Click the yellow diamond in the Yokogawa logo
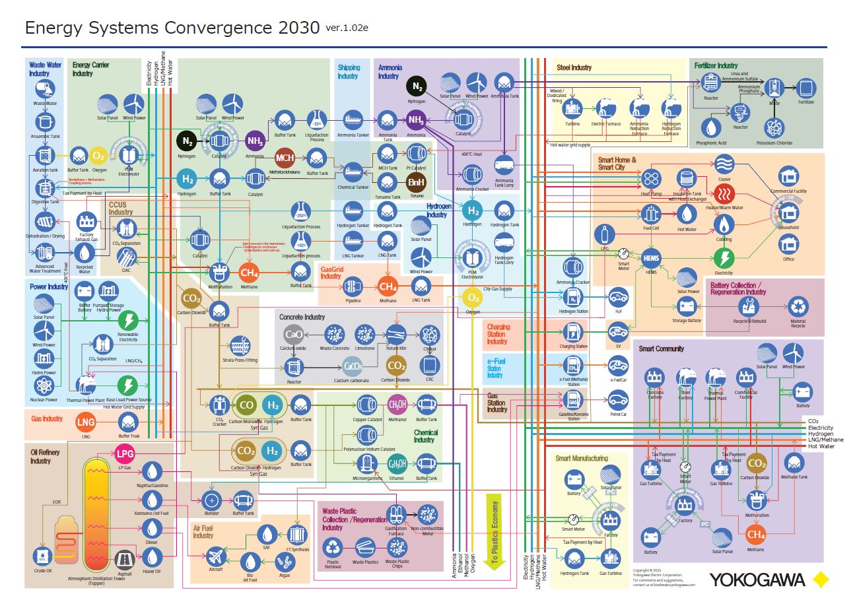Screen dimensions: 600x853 pyautogui.click(x=821, y=580)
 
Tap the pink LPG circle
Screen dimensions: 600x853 pyautogui.click(x=125, y=453)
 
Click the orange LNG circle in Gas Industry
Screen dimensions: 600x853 pyautogui.click(x=86, y=422)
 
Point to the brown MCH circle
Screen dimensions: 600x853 pyautogui.click(x=285, y=158)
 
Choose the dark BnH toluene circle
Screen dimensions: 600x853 pyautogui.click(x=416, y=182)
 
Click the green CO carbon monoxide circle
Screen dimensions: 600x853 pyautogui.click(x=247, y=405)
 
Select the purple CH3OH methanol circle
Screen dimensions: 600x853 pyautogui.click(x=397, y=404)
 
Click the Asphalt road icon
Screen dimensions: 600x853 pyautogui.click(x=124, y=560)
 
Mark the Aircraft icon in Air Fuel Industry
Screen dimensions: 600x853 pyautogui.click(x=216, y=553)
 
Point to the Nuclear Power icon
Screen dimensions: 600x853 pyautogui.click(x=44, y=385)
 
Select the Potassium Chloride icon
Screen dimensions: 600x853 pyautogui.click(x=774, y=127)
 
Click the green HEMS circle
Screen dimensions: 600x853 pyautogui.click(x=651, y=257)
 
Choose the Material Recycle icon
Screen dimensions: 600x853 pyautogui.click(x=799, y=306)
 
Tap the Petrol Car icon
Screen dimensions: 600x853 pyautogui.click(x=618, y=399)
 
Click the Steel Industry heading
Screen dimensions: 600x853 pyautogui.click(x=574, y=67)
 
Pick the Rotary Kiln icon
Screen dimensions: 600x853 pyautogui.click(x=396, y=334)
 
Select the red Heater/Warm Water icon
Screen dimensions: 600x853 pyautogui.click(x=724, y=193)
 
